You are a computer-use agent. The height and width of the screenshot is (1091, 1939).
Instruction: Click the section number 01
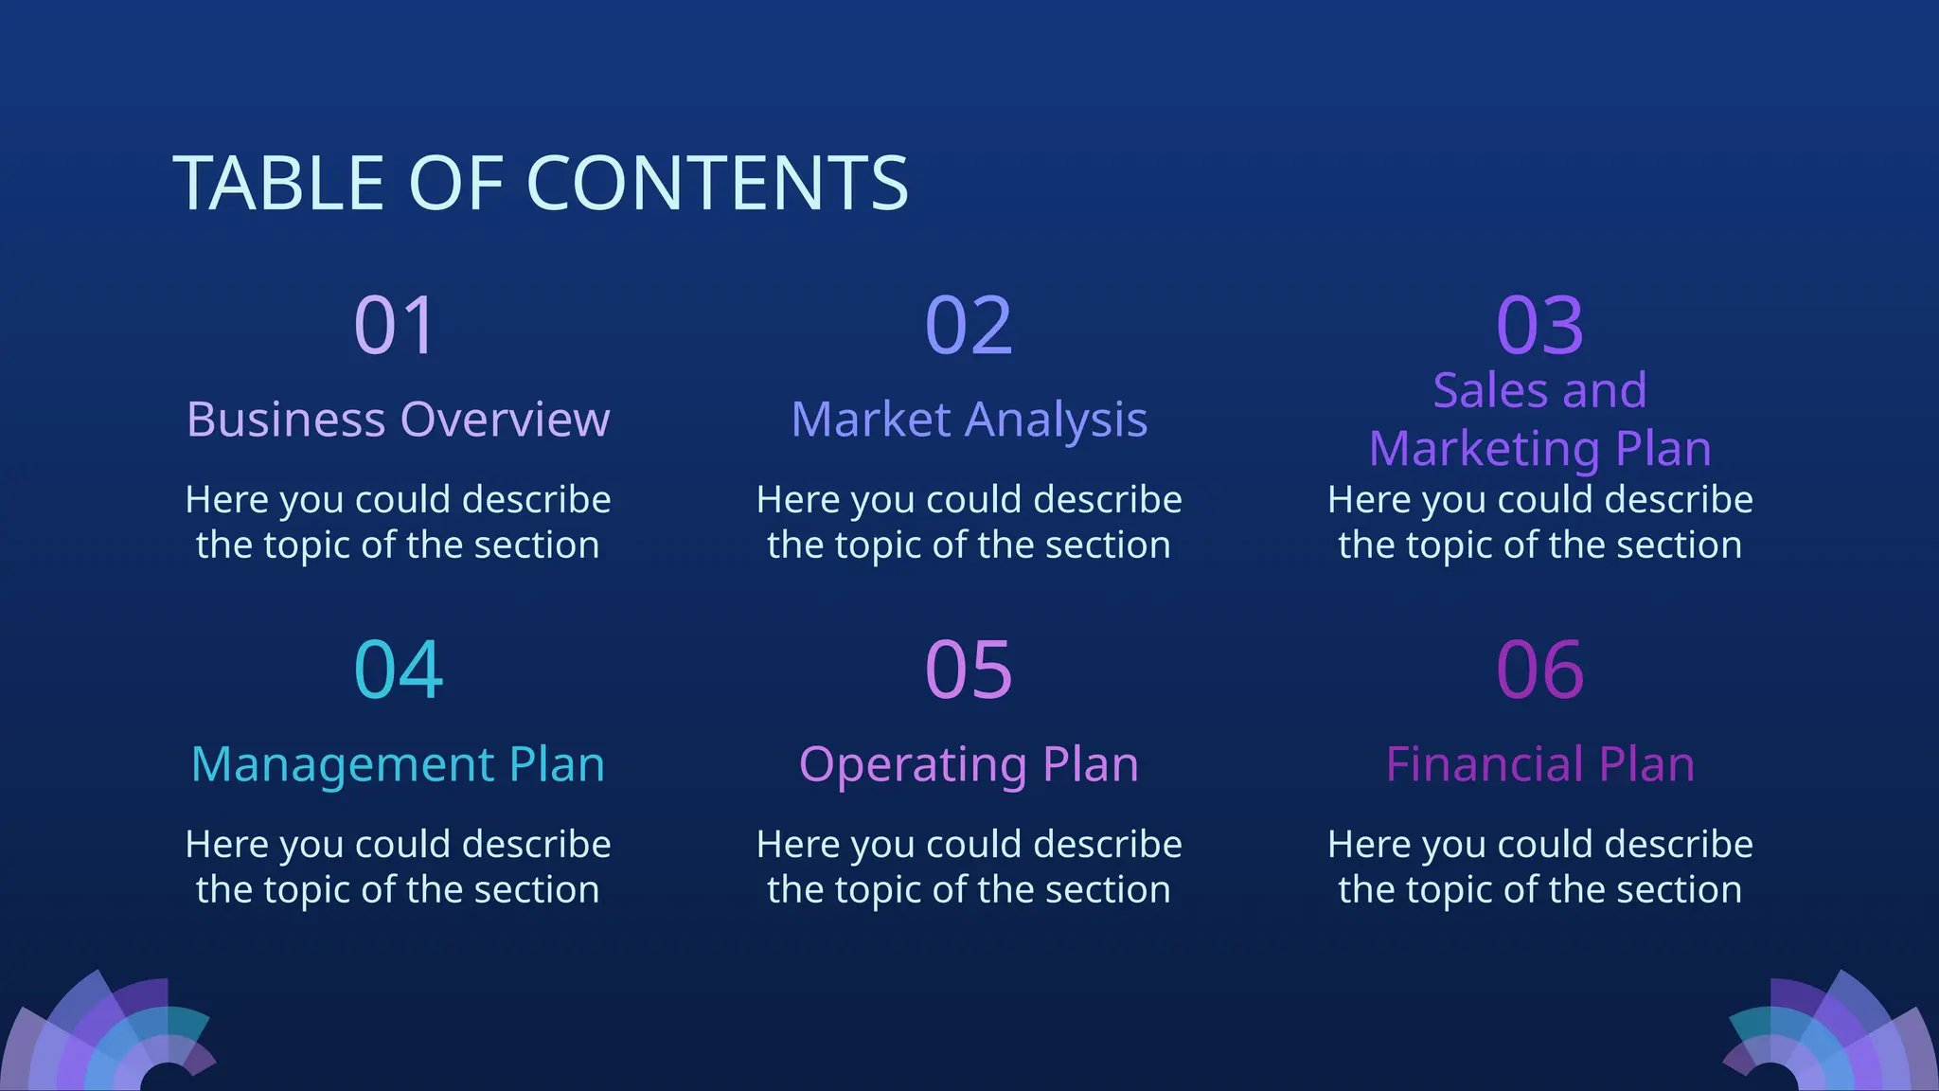point(396,326)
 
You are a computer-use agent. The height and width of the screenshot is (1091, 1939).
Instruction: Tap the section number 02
point(969,326)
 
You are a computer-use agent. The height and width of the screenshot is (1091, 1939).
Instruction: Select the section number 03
point(1539,326)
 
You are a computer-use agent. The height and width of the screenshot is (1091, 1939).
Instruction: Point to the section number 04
point(398,671)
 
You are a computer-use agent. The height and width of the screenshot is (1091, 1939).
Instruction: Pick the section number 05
point(969,671)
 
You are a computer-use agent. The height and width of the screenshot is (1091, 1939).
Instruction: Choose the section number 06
point(1539,671)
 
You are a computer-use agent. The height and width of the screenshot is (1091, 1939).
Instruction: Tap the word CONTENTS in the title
point(717,183)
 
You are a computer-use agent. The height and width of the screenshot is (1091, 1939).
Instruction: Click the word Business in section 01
point(286,420)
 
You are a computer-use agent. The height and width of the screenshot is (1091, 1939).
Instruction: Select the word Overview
point(505,420)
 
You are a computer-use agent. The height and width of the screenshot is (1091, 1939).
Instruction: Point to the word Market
point(870,420)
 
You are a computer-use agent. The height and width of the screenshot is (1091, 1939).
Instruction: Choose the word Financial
point(1485,764)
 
